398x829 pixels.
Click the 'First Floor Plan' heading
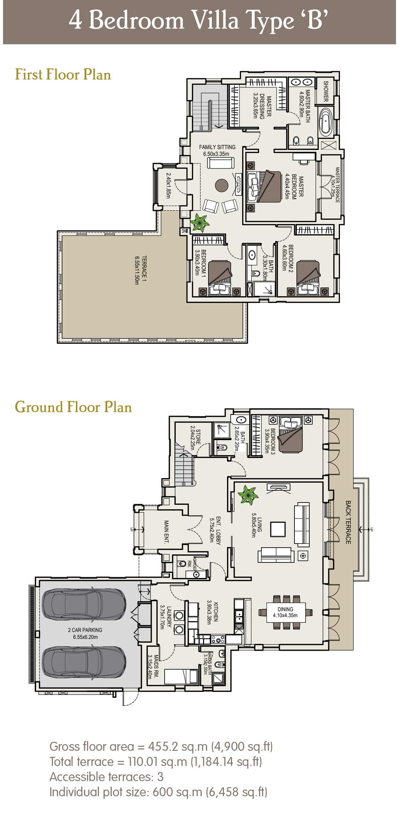click(63, 74)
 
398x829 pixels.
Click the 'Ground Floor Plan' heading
click(73, 407)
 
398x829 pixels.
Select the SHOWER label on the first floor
click(326, 91)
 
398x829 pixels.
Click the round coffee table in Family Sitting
click(222, 185)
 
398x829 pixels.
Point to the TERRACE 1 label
click(141, 270)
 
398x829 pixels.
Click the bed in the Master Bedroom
click(265, 187)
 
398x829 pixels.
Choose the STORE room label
click(195, 438)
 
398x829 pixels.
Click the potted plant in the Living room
click(248, 495)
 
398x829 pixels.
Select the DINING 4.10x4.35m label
click(285, 612)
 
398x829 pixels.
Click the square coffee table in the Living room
click(278, 529)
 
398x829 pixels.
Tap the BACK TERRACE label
click(348, 522)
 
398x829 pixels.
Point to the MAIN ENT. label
click(166, 532)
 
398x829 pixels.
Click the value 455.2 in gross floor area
click(163, 746)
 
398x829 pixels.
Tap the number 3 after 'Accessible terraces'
click(160, 777)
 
